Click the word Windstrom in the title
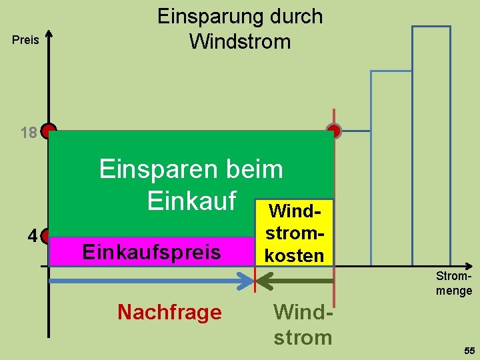240,41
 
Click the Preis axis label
26,41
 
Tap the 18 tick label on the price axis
29,133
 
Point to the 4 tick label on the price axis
32,236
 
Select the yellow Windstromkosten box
293,233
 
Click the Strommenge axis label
454,283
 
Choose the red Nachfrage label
169,312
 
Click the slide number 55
469,351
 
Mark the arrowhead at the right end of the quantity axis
472,265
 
